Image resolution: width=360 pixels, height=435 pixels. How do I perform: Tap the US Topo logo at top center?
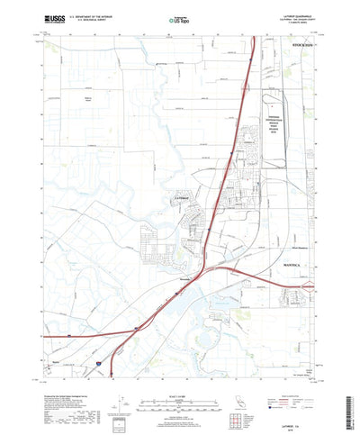coord(180,17)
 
